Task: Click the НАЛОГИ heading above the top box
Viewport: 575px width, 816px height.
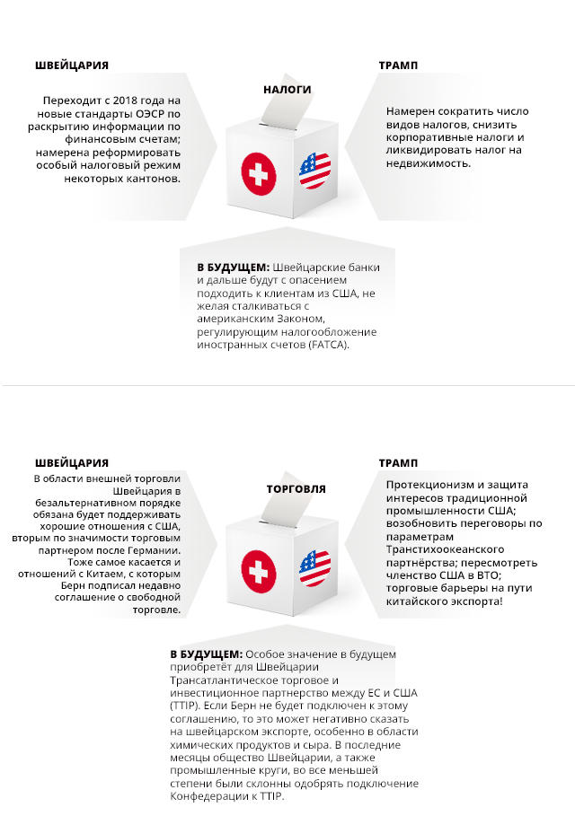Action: [287, 90]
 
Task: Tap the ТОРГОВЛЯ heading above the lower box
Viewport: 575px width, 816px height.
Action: [296, 489]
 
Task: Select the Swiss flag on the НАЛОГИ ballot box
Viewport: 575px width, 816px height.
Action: [258, 171]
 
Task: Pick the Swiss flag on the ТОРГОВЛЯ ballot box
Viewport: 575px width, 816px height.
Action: [258, 569]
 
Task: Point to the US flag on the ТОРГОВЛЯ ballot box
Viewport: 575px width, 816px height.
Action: [315, 569]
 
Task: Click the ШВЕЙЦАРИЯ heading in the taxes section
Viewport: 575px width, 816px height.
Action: [72, 66]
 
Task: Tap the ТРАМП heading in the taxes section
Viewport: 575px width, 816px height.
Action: [398, 66]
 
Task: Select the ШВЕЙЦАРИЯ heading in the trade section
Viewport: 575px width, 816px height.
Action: [72, 463]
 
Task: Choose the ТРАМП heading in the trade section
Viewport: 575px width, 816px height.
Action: [398, 463]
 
